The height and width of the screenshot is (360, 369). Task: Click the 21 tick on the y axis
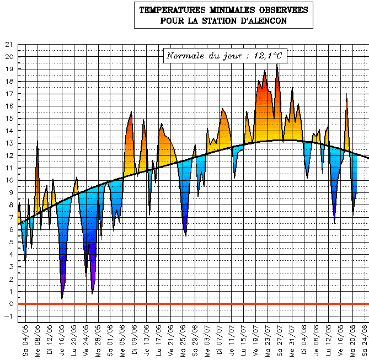tap(8, 45)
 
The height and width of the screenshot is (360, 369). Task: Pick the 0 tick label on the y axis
tap(11, 304)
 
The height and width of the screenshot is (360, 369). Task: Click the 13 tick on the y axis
tap(8, 143)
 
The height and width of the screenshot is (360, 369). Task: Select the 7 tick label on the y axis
tap(11, 218)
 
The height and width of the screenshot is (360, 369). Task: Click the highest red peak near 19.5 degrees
tap(277, 65)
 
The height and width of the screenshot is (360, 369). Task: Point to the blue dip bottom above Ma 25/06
tap(185, 234)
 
